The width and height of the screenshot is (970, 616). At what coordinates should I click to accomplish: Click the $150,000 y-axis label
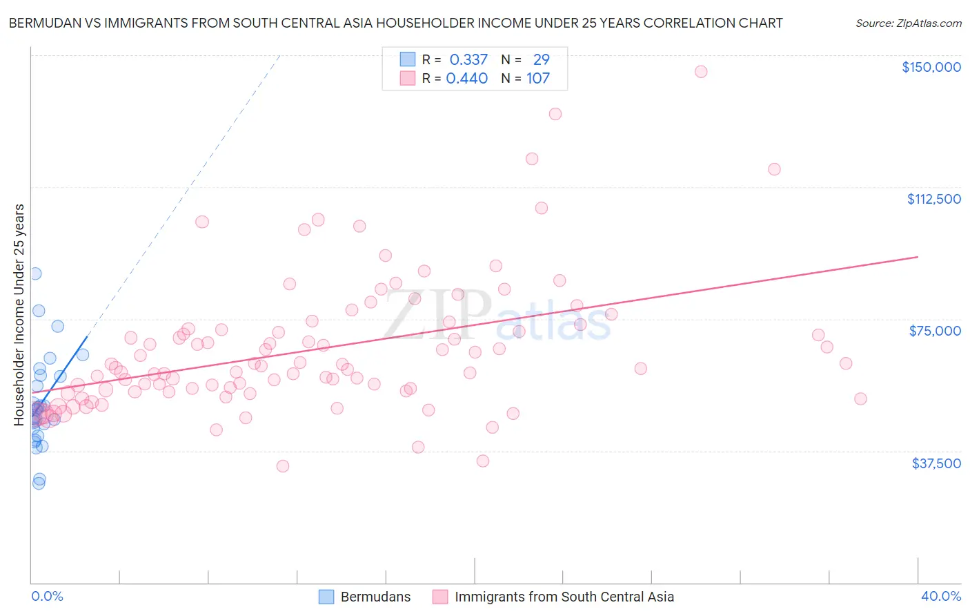coord(931,67)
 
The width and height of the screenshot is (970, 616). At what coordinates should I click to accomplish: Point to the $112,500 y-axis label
coord(933,199)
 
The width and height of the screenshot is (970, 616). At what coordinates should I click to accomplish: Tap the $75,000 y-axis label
coord(935,331)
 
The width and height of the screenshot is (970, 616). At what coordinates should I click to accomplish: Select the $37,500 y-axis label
coord(936,463)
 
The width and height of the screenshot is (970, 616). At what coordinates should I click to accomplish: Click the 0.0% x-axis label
coord(47,596)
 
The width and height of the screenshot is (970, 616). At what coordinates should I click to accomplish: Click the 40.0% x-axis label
coord(940,596)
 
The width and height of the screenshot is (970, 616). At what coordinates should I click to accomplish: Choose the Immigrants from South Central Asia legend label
coord(564,597)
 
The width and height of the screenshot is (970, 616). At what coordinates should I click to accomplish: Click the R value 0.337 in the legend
coord(468,60)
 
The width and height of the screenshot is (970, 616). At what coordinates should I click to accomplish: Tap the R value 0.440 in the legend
coord(467,79)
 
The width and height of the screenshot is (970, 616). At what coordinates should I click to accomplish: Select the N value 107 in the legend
coord(538,79)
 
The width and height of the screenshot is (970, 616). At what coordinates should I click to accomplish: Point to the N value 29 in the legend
coord(542,60)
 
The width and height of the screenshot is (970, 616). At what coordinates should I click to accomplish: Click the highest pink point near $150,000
coord(701,72)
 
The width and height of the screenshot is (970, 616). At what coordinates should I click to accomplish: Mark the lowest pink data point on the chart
coord(282,466)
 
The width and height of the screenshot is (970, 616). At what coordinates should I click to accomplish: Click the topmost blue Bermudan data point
coord(35,273)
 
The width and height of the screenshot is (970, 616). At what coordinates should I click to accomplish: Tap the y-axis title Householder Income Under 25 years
coord(19,314)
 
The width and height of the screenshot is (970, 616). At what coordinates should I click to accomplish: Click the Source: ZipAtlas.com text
coord(908,23)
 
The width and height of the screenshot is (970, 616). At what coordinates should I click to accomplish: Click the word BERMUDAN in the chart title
coord(43,23)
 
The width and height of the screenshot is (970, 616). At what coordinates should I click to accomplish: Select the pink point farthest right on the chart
coord(860,398)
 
